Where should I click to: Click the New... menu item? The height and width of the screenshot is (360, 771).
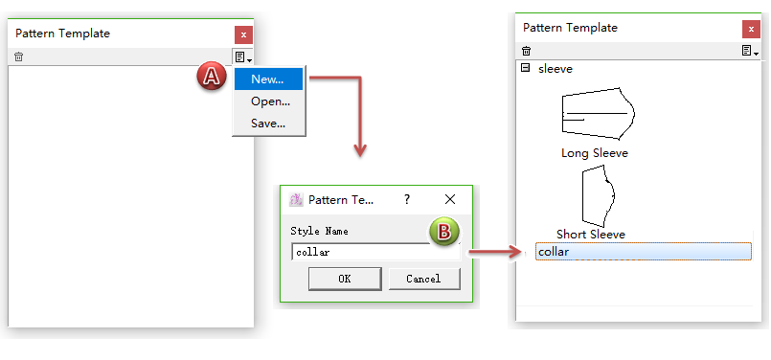(268, 79)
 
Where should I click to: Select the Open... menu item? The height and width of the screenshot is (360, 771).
(270, 101)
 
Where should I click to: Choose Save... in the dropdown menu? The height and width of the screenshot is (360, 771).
(268, 123)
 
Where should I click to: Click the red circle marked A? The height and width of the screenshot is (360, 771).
(212, 77)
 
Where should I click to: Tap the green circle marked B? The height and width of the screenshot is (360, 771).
(444, 232)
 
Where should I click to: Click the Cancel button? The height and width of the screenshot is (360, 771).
(424, 279)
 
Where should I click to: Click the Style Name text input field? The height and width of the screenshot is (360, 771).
(375, 253)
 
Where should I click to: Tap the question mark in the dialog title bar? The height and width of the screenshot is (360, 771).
(407, 199)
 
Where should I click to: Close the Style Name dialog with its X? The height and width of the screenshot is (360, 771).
(450, 199)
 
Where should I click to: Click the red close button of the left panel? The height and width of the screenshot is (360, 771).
(243, 34)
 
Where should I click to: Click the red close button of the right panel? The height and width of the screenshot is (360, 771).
(751, 29)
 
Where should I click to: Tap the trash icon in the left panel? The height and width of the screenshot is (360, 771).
(19, 56)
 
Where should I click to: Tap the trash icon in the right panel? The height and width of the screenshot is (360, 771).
(526, 51)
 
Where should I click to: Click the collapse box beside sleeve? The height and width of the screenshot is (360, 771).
(525, 68)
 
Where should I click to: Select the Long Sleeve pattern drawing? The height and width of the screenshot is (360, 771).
(598, 115)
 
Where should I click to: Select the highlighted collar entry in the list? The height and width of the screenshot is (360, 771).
(644, 252)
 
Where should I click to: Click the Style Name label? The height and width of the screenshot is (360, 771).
(319, 231)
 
